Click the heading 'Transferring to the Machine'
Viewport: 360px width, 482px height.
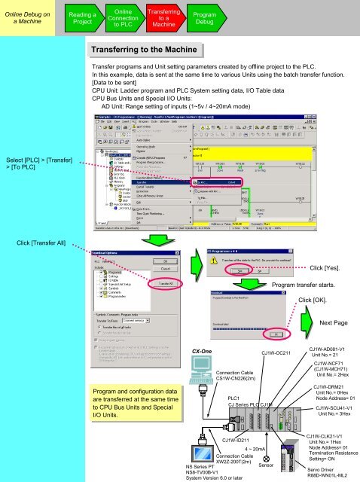145,50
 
